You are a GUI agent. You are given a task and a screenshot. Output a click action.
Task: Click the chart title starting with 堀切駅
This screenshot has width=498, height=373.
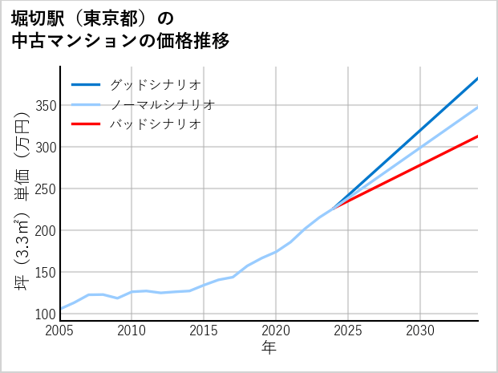tap(120, 29)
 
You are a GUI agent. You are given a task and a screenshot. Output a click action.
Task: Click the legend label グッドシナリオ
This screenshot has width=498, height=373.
tap(155, 84)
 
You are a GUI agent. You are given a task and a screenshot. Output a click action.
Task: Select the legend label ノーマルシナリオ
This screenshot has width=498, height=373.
tap(162, 104)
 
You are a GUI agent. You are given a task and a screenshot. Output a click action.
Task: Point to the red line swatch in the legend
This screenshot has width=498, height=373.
tap(86, 124)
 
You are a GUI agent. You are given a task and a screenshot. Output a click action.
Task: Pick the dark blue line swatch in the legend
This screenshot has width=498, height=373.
tap(86, 84)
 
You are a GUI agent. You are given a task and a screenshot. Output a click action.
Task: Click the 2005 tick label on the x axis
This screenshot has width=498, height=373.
tap(60, 330)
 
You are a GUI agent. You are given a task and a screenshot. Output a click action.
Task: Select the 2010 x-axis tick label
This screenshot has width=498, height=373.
tap(132, 330)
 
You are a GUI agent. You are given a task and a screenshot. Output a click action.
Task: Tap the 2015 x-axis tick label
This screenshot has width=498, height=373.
tap(204, 330)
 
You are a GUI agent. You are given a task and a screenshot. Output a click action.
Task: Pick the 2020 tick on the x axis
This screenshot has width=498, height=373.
tap(276, 330)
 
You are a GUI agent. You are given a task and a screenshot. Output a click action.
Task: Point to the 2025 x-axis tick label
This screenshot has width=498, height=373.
tap(348, 330)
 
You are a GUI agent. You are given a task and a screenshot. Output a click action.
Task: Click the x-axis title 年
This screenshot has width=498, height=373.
tap(269, 349)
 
